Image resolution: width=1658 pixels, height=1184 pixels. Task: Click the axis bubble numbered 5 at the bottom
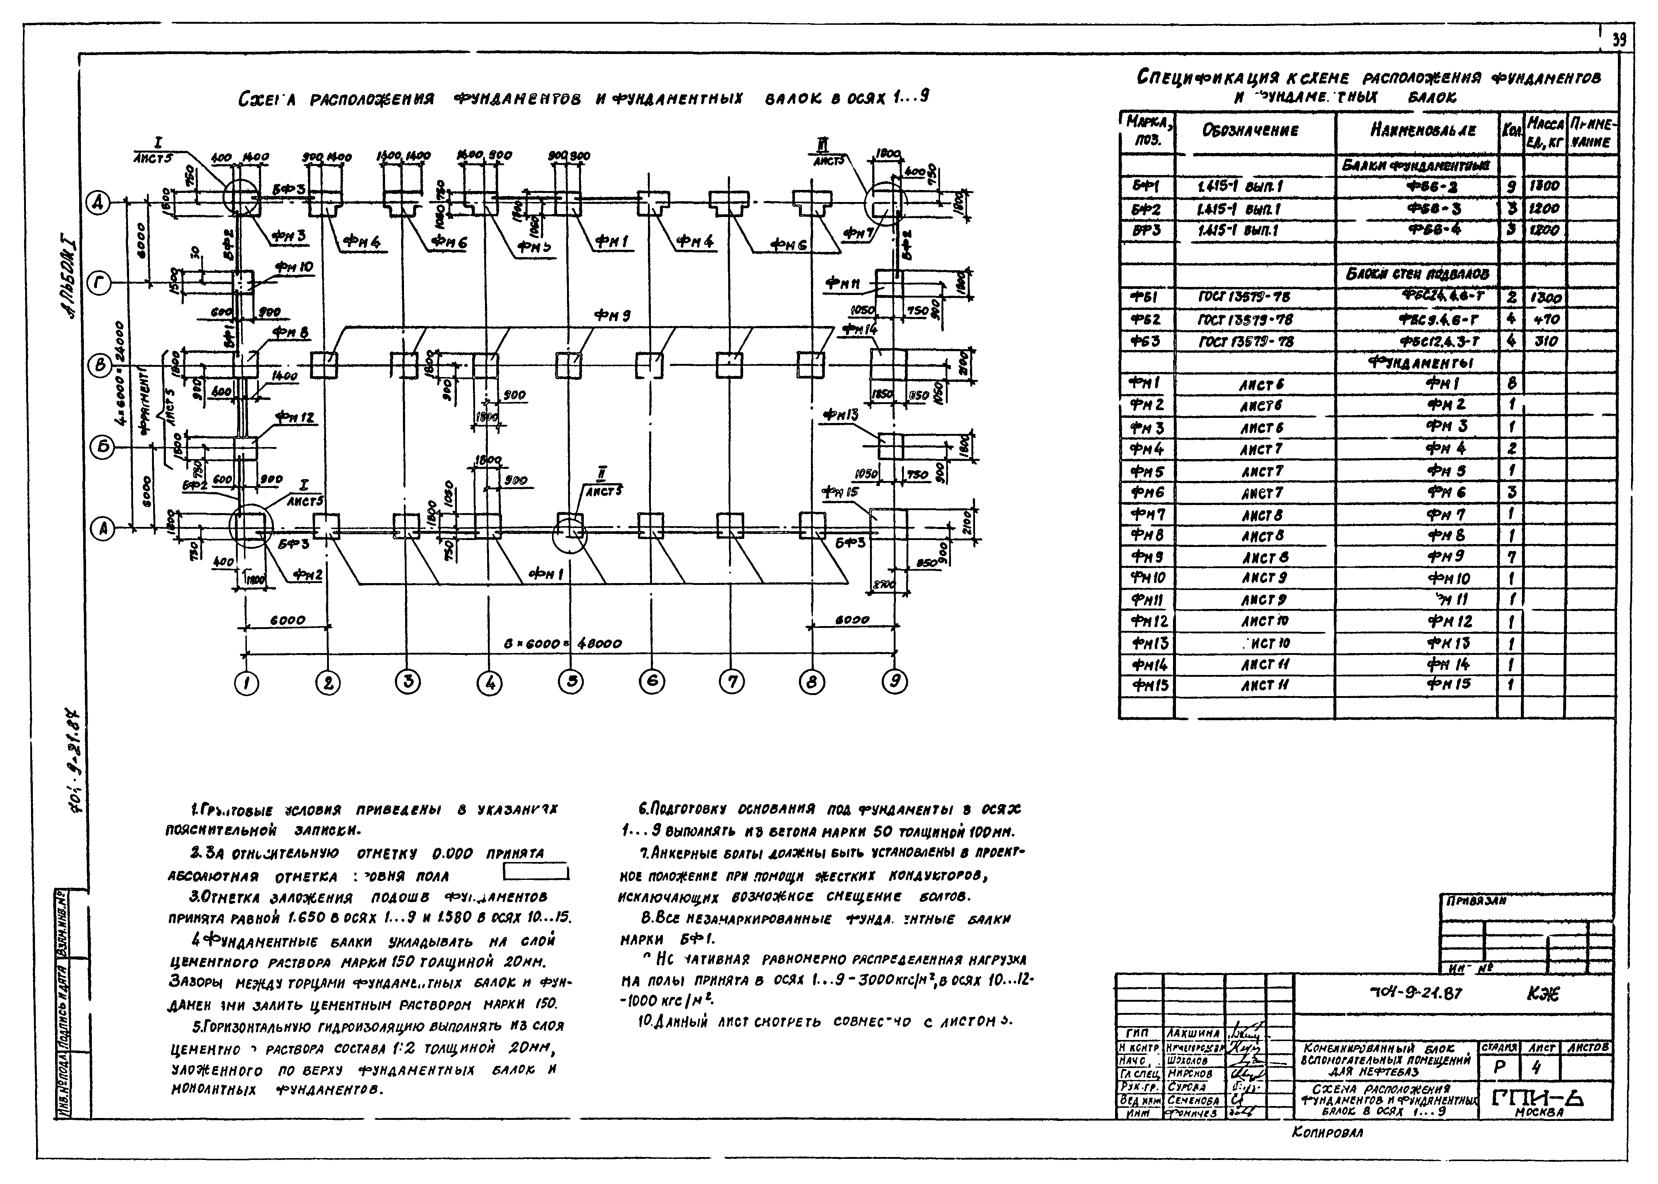(570, 682)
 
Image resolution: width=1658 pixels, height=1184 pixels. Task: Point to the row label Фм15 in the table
(1146, 685)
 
